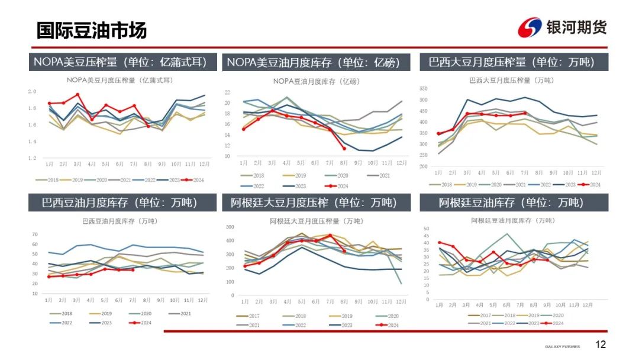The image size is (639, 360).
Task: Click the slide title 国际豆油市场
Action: tap(92, 30)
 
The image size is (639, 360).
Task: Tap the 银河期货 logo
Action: tap(562, 27)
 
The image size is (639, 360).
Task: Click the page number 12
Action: tap(601, 345)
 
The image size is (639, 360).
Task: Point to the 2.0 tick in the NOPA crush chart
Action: tap(33, 91)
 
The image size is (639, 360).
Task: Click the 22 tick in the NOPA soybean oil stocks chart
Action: tap(227, 92)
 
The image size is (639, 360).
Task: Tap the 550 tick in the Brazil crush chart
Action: tap(423, 89)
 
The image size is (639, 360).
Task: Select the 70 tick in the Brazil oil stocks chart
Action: tap(34, 234)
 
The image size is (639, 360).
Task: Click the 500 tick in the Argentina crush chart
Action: tap(230, 227)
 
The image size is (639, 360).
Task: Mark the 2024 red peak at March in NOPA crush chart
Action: tap(78, 95)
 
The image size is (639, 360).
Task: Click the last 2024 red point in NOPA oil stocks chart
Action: tap(344, 148)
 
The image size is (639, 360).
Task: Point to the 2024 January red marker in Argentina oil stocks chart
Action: tap(439, 242)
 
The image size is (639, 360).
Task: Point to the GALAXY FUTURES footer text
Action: tap(562, 346)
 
